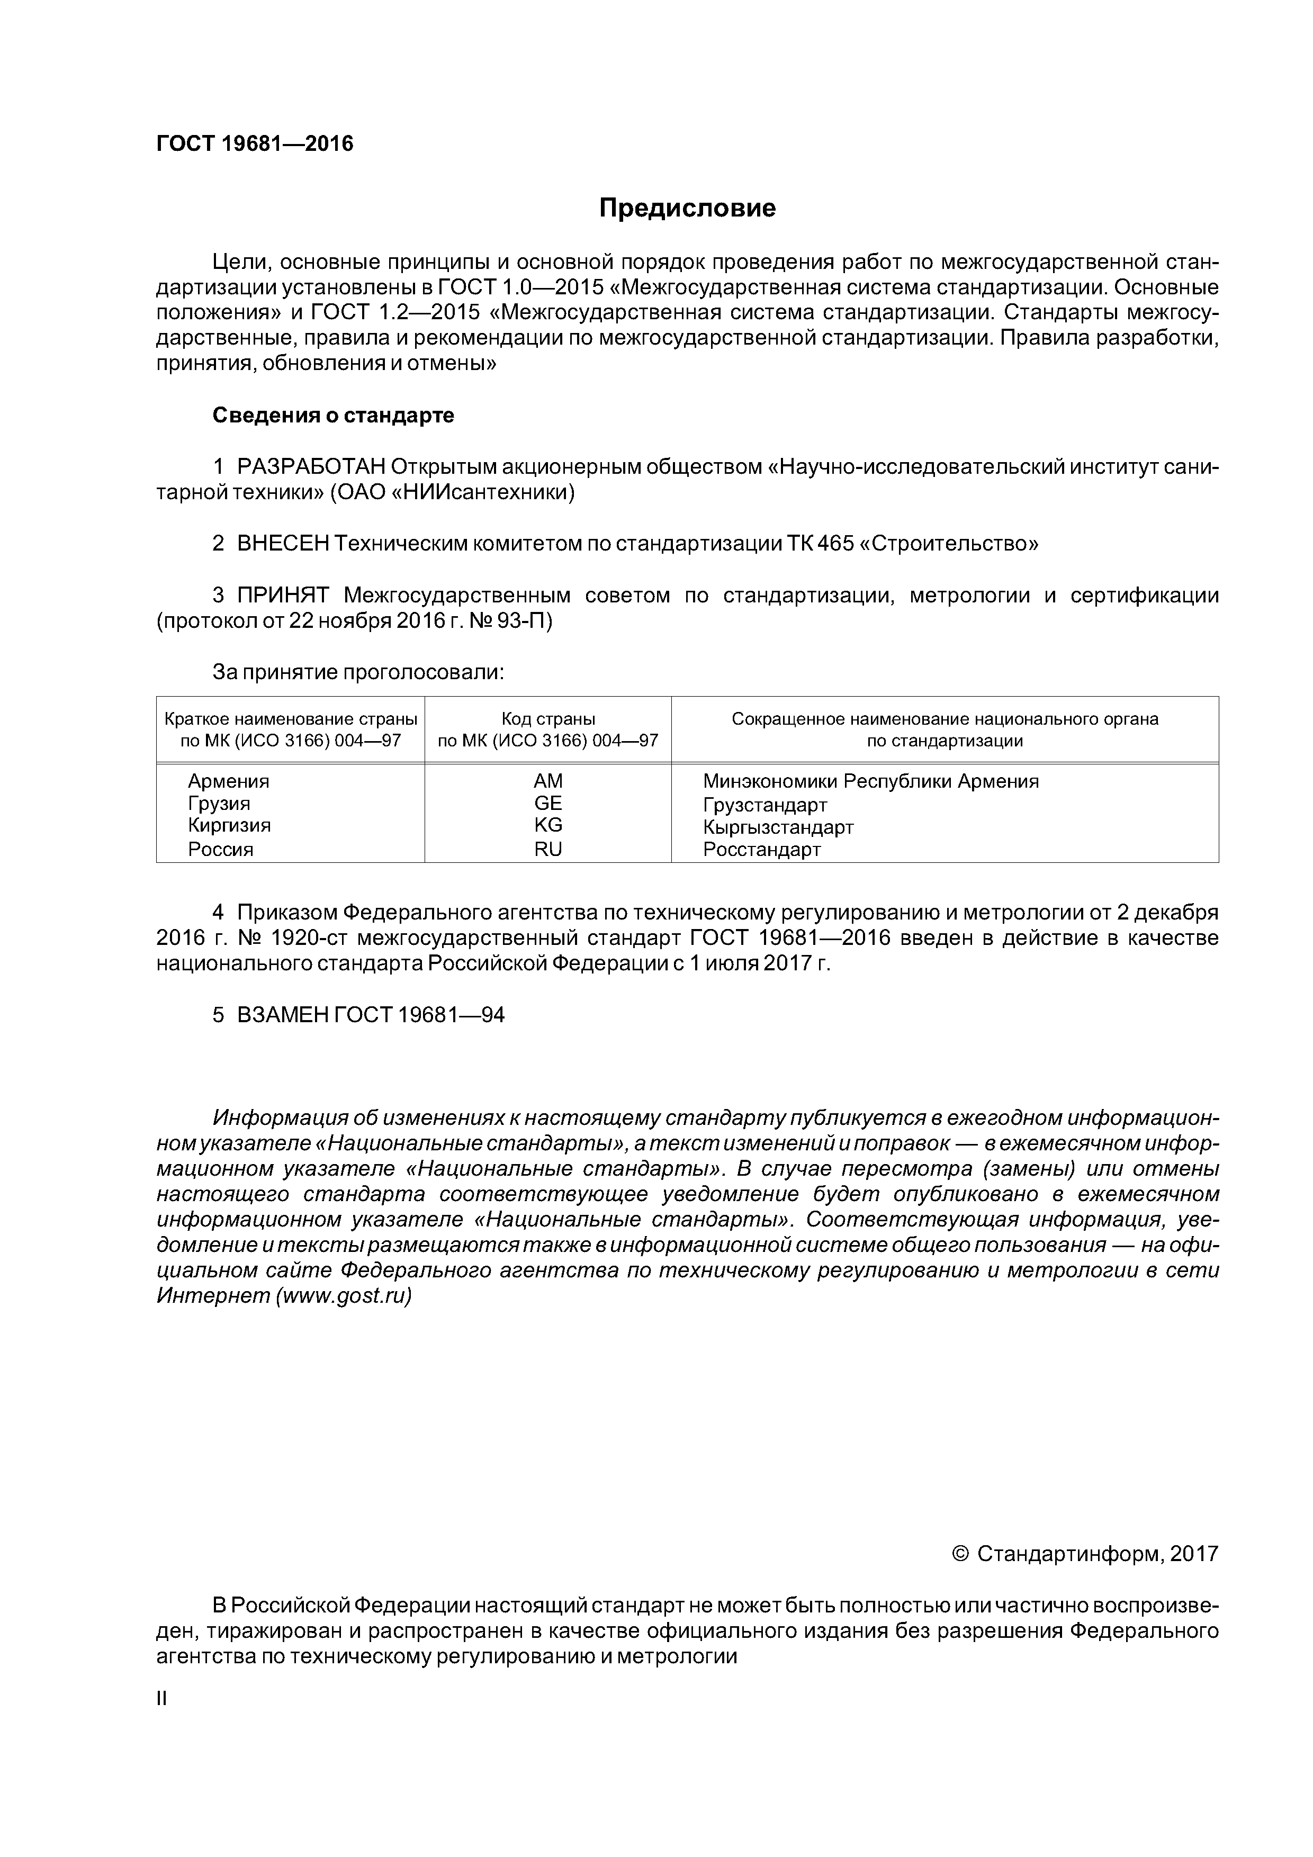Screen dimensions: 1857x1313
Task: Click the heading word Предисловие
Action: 687,209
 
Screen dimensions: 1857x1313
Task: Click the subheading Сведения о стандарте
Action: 334,416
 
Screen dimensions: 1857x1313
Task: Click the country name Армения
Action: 228,781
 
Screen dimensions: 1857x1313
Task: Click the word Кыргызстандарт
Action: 778,827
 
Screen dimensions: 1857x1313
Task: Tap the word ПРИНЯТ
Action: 283,596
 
